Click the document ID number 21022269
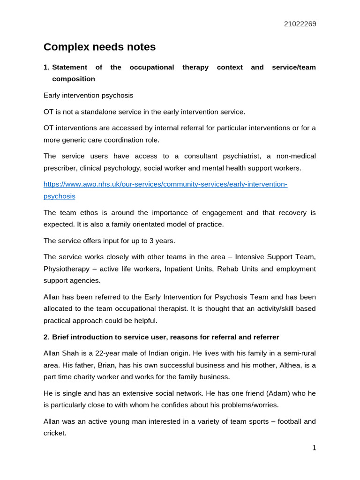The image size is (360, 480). (x=300, y=24)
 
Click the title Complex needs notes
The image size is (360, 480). (x=99, y=47)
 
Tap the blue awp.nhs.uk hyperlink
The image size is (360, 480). (x=165, y=184)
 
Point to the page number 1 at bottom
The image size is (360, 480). (x=314, y=448)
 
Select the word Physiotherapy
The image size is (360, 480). (x=66, y=269)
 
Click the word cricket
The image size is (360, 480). (x=54, y=433)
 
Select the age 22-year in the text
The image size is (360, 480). (x=113, y=353)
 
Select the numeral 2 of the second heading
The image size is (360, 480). (x=46, y=337)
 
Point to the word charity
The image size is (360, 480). (x=90, y=376)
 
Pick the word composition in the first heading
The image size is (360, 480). (x=74, y=79)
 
